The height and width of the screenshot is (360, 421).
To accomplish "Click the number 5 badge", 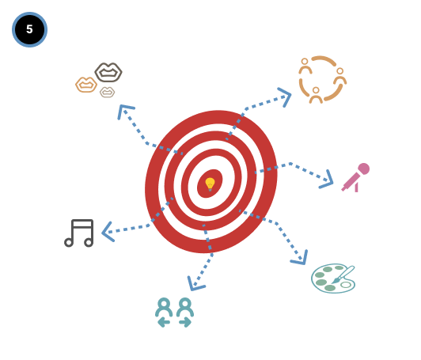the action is (29, 29).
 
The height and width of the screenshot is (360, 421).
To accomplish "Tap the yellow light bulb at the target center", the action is (210, 184).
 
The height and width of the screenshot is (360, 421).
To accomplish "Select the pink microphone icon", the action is (355, 177).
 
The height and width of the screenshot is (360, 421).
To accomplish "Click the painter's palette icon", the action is (333, 279).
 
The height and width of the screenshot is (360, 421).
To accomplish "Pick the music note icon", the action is (79, 233).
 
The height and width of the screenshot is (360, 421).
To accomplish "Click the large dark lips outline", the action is (108, 72).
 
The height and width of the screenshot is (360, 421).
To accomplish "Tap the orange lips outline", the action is (86, 85).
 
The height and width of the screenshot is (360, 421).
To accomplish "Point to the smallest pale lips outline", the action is (107, 92).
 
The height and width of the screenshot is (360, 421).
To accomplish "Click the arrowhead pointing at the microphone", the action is (327, 180).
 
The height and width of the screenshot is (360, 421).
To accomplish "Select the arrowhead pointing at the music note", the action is (108, 232).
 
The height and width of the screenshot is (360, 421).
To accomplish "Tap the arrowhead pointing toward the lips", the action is (125, 110).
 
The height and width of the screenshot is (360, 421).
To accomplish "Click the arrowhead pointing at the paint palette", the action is (300, 258).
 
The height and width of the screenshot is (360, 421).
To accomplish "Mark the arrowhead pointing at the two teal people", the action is (195, 284).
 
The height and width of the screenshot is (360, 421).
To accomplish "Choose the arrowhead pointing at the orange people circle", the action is (285, 97).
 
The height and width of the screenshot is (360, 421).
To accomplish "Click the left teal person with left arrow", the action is (164, 313).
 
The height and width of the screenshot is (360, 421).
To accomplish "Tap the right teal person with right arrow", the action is (185, 313).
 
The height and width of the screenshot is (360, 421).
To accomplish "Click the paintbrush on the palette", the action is (343, 275).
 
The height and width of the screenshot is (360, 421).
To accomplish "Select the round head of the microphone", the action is (363, 169).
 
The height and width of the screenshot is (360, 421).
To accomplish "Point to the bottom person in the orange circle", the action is (316, 95).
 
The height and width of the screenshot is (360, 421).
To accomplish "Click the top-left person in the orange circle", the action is (305, 66).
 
